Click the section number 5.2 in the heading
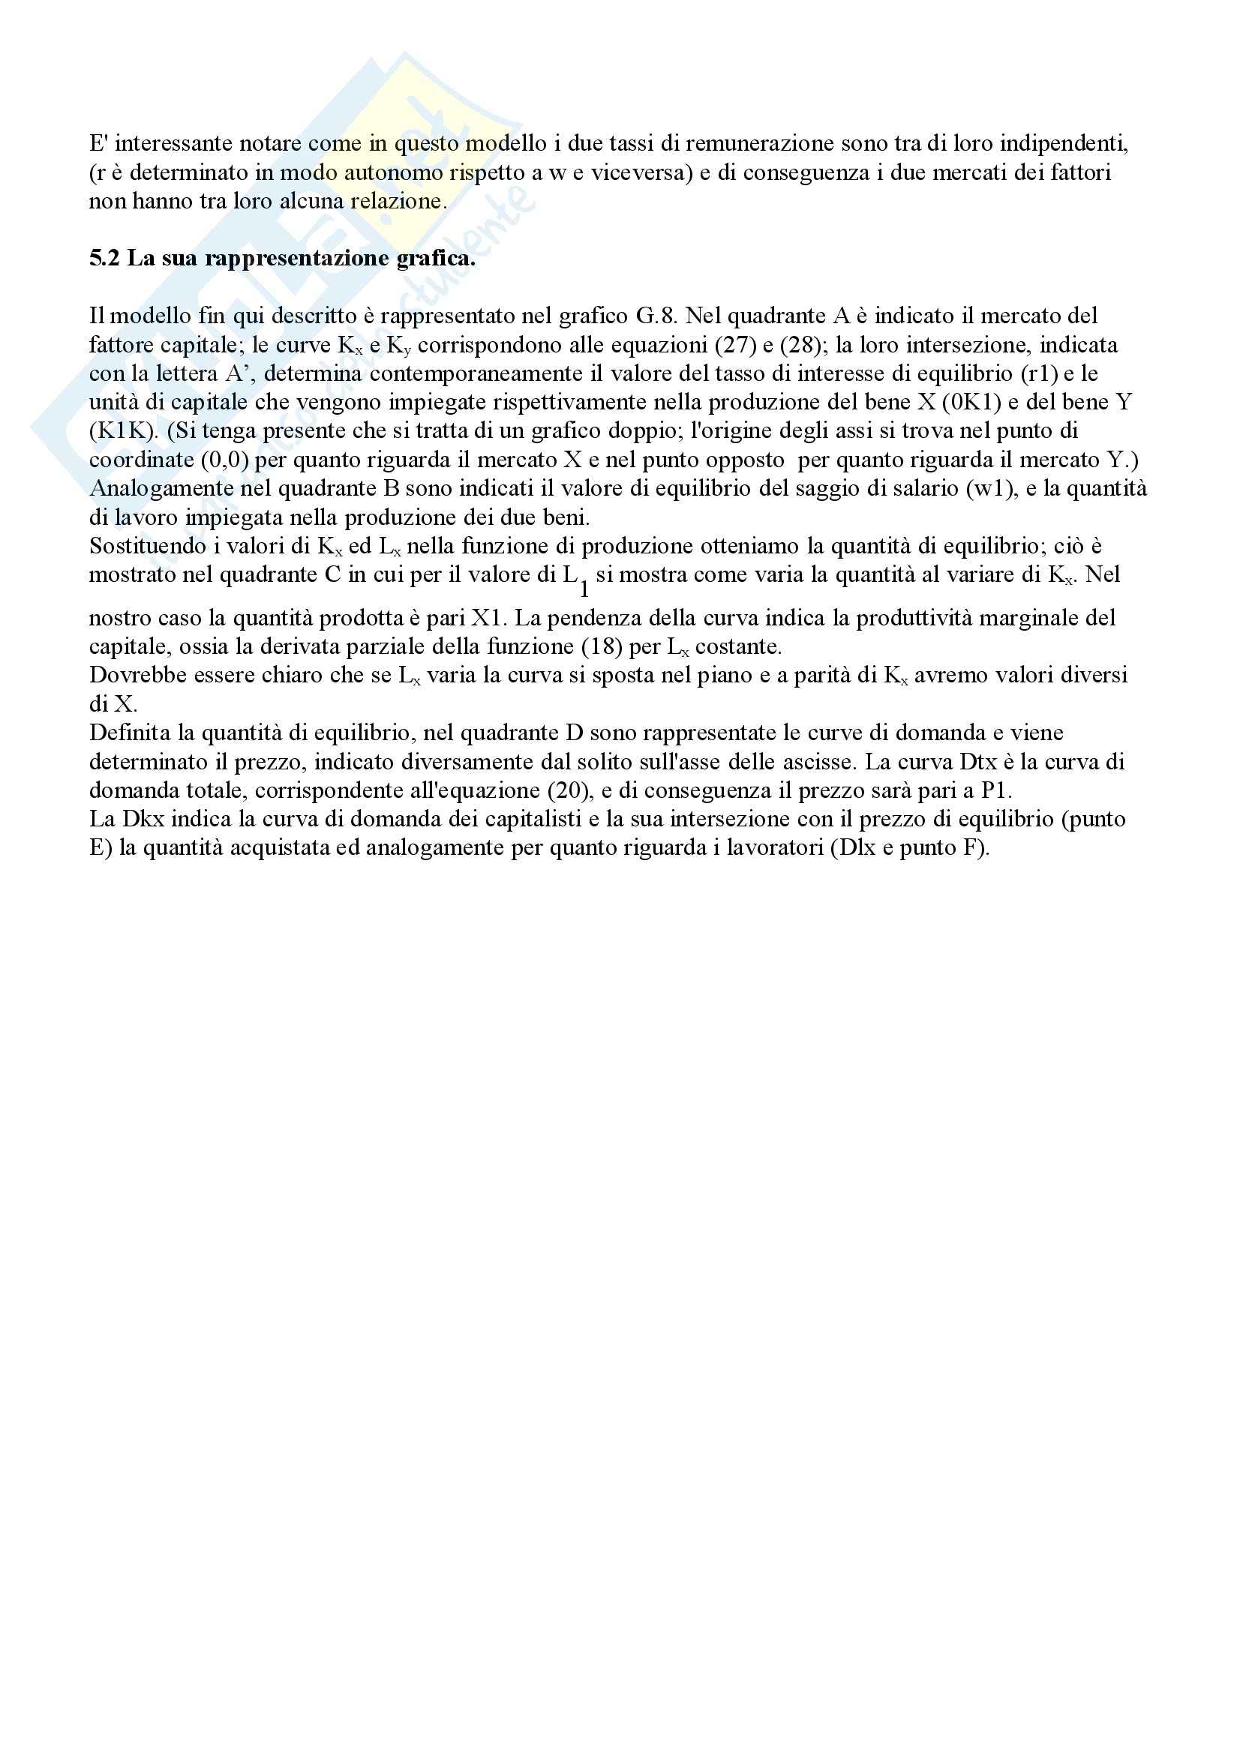105,258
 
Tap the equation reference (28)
800,344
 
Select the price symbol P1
995,790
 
